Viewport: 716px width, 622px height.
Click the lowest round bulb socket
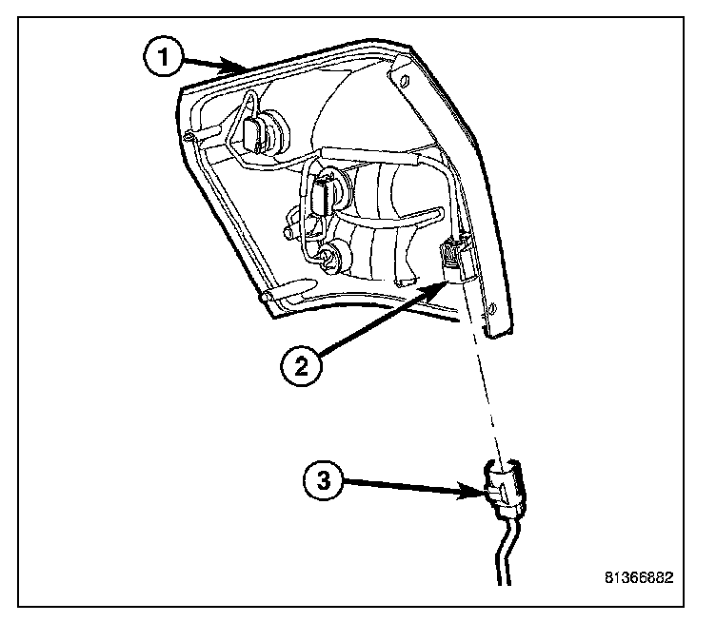click(x=332, y=255)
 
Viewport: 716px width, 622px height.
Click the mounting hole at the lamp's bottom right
click(x=493, y=310)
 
